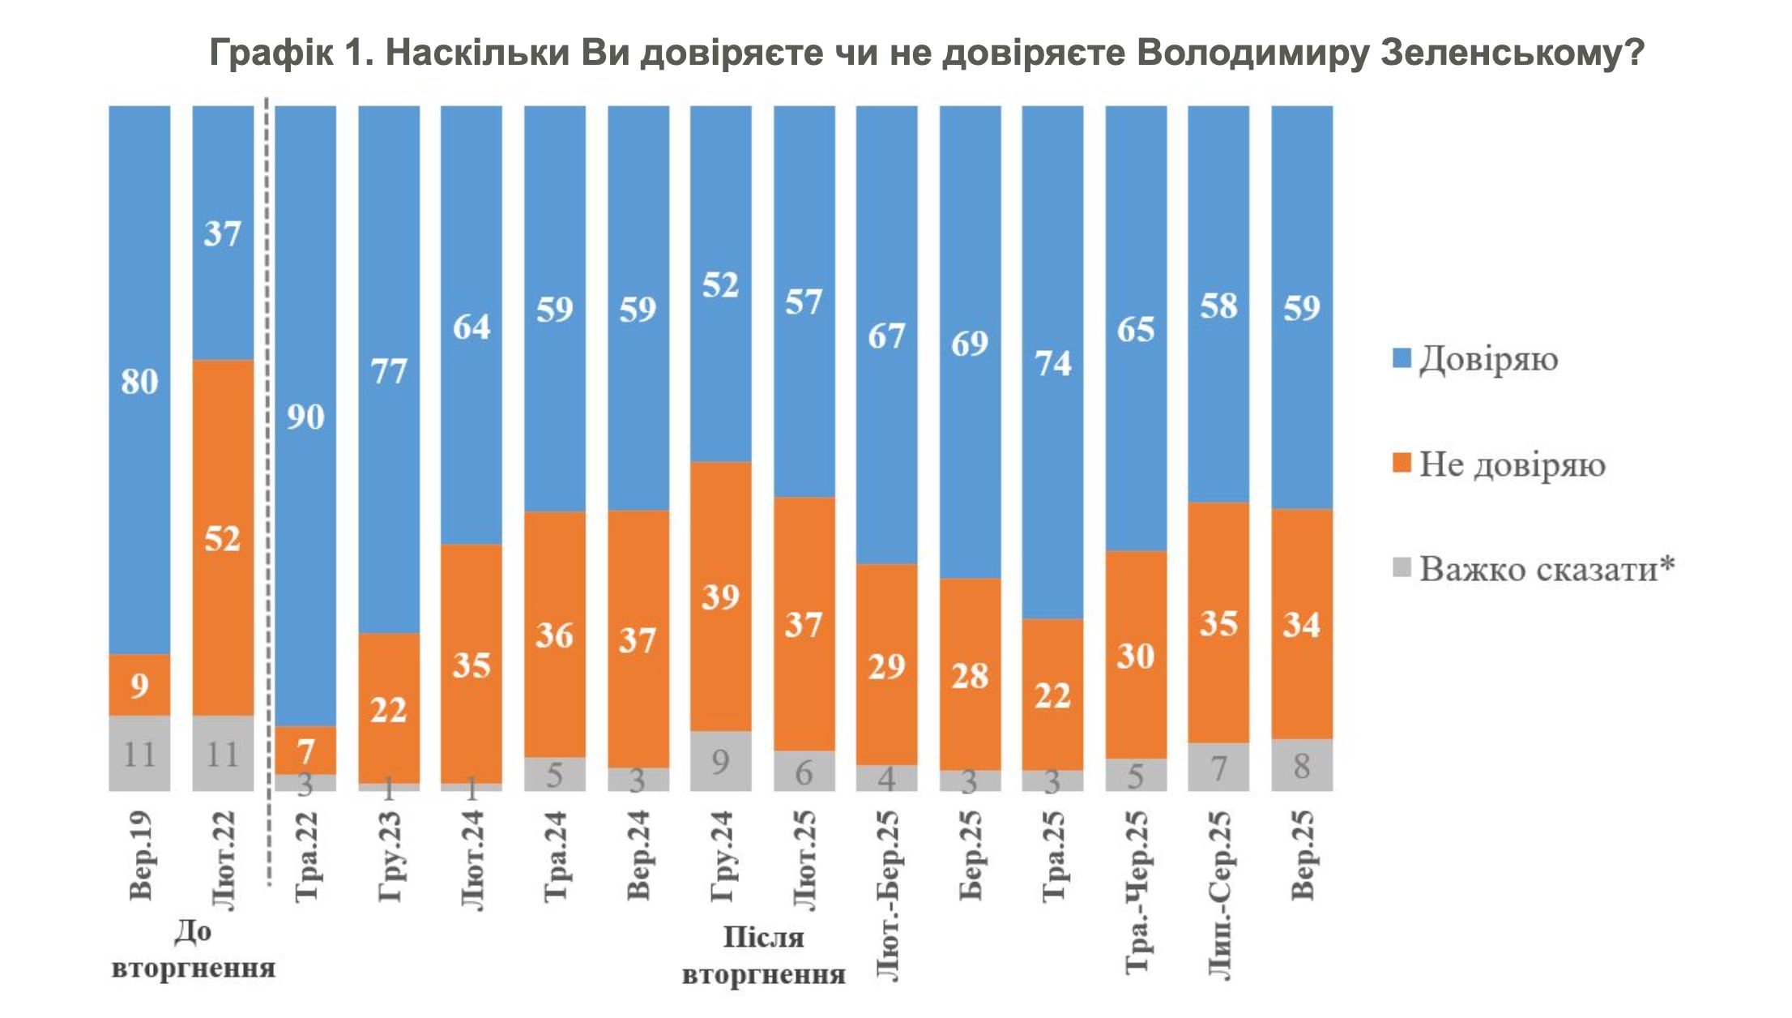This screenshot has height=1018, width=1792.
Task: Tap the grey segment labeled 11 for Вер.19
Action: pos(139,754)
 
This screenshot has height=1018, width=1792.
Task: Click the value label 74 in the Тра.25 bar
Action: pos(1052,364)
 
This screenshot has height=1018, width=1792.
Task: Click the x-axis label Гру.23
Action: pos(390,856)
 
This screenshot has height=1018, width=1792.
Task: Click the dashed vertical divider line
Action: pos(267,486)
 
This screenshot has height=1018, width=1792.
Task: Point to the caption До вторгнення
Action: pos(193,949)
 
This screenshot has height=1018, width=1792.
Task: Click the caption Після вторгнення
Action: pos(763,956)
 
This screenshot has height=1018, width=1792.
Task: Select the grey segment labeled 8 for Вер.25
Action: pos(1302,765)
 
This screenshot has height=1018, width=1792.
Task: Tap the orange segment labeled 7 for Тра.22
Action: pos(305,750)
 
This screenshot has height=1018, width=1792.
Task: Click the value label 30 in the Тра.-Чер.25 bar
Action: pos(1135,656)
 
